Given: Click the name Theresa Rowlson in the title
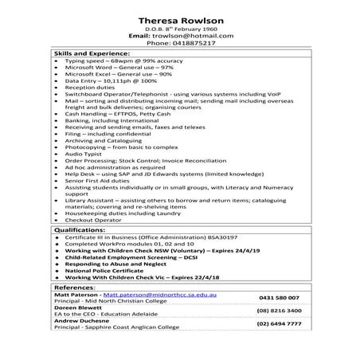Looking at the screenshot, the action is pyautogui.click(x=181, y=20).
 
